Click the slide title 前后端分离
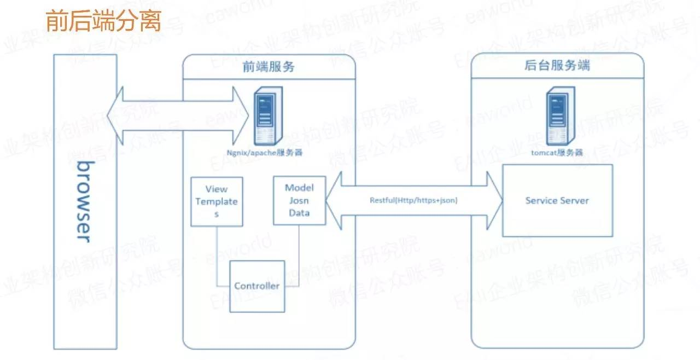pos(103,21)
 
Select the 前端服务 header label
pos(269,67)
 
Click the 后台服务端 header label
pos(557,67)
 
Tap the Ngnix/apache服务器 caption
pos(265,153)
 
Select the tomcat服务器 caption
pos(557,153)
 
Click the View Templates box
pos(217,201)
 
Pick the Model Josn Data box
pos(299,200)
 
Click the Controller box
pos(257,286)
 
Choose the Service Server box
pos(557,200)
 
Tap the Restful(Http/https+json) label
pos(413,201)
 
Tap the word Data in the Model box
pos(299,212)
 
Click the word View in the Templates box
pos(217,189)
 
